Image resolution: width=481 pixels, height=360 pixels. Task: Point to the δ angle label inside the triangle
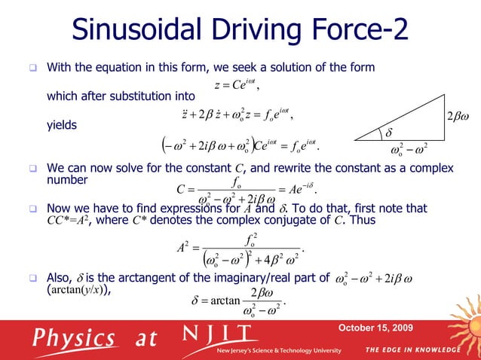(390, 133)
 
